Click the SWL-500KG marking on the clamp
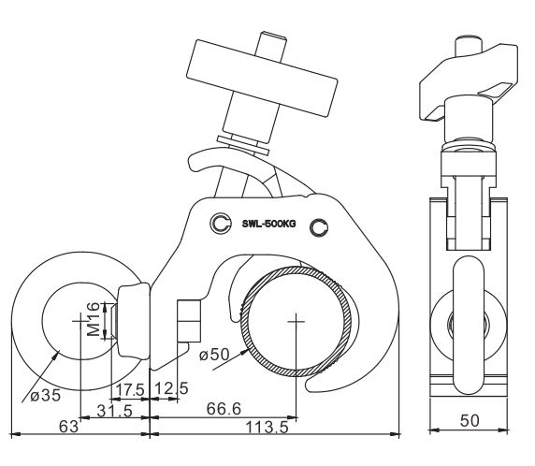pyautogui.click(x=268, y=224)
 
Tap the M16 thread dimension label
pyautogui.click(x=94, y=319)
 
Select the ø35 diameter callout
pyautogui.click(x=45, y=395)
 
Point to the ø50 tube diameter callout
pyautogui.click(x=214, y=354)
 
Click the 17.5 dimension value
pyautogui.click(x=130, y=389)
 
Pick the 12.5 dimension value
pyautogui.click(x=171, y=388)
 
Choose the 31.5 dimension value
pyautogui.click(x=115, y=411)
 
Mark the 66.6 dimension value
pyautogui.click(x=224, y=409)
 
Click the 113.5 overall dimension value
pyautogui.click(x=267, y=427)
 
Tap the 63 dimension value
pyautogui.click(x=68, y=427)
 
